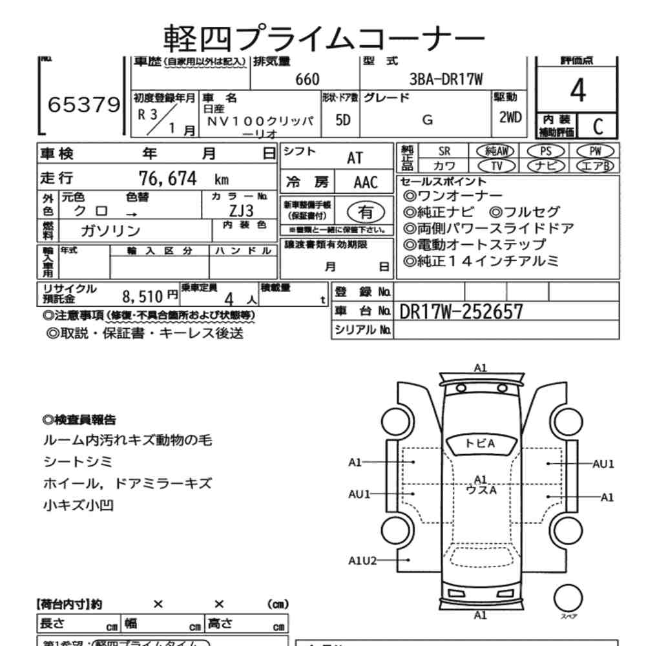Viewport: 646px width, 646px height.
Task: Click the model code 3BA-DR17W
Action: [446, 79]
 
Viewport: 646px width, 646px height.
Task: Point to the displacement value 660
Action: [307, 79]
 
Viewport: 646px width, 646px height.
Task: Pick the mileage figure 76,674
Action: [167, 178]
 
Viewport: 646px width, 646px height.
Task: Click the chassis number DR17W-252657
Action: [461, 312]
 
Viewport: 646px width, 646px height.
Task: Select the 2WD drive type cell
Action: [510, 118]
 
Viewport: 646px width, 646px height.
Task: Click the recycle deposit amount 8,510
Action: [141, 297]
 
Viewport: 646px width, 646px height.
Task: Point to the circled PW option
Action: [594, 151]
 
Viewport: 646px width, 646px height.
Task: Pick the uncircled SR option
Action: [444, 151]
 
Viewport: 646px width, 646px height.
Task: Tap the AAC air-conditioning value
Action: [365, 182]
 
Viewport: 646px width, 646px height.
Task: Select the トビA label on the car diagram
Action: [480, 443]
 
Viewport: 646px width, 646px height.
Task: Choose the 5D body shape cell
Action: [343, 120]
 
